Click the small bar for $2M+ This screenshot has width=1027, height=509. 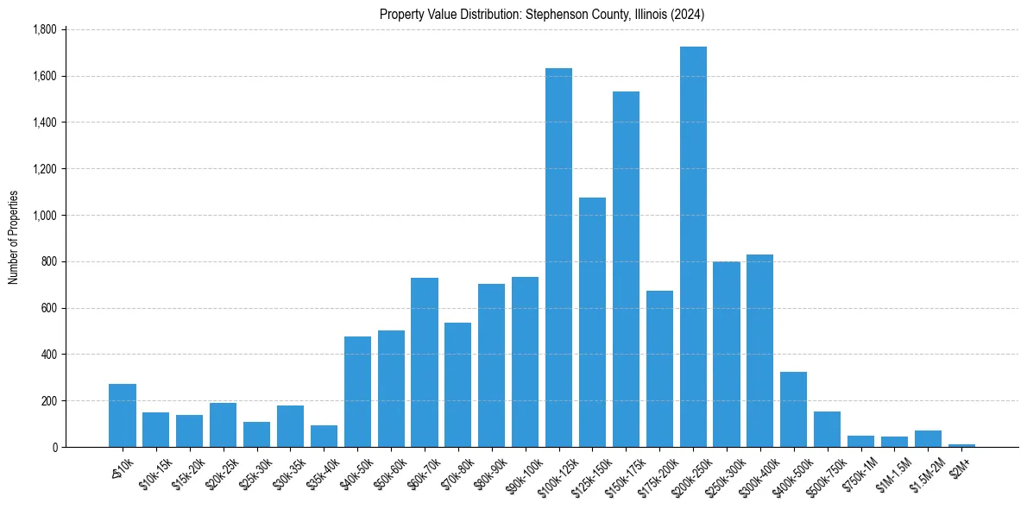961,445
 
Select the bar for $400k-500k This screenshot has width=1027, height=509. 793,409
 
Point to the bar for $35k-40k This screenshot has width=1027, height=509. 324,436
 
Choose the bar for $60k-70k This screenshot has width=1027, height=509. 425,362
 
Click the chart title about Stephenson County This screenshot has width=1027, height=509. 543,15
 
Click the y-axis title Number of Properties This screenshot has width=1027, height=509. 14,238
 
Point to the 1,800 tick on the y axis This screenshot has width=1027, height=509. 44,30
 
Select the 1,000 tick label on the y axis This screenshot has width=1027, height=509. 44,216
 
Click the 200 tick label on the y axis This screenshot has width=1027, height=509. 48,401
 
